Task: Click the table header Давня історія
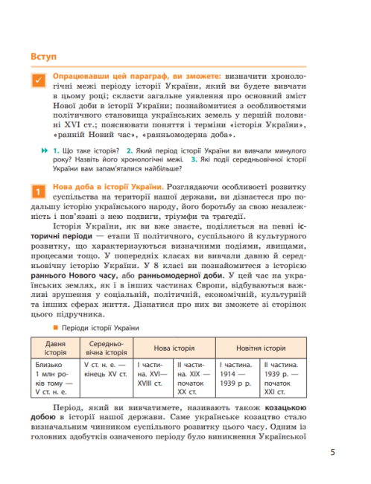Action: tap(54, 347)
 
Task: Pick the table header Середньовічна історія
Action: tap(105, 347)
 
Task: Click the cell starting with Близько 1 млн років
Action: tap(54, 380)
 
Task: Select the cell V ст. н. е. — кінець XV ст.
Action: tap(105, 370)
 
